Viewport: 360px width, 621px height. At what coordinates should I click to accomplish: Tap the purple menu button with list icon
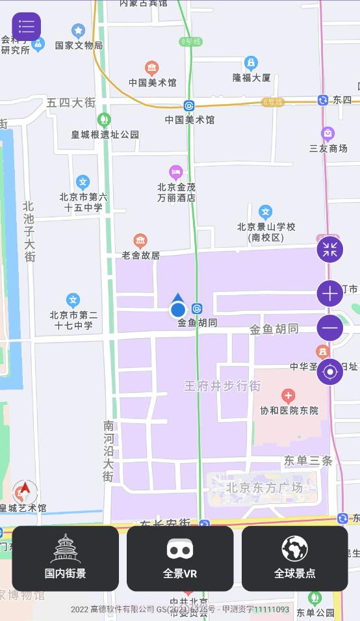27,27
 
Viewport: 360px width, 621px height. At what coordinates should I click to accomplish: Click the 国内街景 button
65,558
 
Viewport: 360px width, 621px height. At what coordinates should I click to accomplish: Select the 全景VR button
180,558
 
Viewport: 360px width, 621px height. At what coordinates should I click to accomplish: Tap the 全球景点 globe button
294,558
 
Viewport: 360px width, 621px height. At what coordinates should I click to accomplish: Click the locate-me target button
329,372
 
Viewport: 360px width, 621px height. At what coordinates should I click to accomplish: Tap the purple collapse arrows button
329,249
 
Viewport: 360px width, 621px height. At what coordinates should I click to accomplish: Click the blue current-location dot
178,310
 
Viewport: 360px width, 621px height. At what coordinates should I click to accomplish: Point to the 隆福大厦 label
251,77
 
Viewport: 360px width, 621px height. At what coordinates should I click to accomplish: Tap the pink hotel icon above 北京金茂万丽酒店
175,172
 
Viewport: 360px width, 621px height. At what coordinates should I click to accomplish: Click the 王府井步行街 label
222,386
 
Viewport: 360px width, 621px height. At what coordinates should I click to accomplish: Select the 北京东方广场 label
264,488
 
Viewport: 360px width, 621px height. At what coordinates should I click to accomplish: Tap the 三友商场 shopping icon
328,134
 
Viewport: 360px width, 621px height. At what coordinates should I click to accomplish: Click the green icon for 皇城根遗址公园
103,120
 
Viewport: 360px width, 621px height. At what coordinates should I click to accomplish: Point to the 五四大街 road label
71,103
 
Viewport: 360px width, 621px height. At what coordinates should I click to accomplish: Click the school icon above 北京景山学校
265,212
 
